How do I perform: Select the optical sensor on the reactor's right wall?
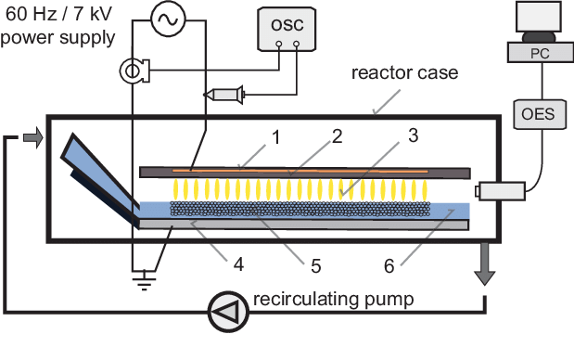(498, 192)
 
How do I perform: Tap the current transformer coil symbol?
(133, 69)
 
